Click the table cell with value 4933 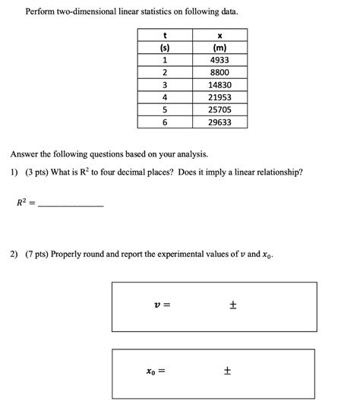pyautogui.click(x=219, y=60)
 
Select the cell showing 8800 pyautogui.click(x=219, y=73)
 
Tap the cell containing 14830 pyautogui.click(x=219, y=85)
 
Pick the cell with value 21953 pyautogui.click(x=219, y=97)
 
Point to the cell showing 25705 pyautogui.click(x=219, y=109)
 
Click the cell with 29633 pyautogui.click(x=219, y=122)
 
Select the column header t pyautogui.click(x=165, y=35)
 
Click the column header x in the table pyautogui.click(x=219, y=35)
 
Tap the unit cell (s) pyautogui.click(x=165, y=47)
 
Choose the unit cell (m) pyautogui.click(x=219, y=47)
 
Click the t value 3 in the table pyautogui.click(x=165, y=85)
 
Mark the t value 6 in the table pyautogui.click(x=165, y=122)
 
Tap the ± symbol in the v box pyautogui.click(x=233, y=305)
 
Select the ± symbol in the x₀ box pyautogui.click(x=227, y=372)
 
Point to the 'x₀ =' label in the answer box pyautogui.click(x=156, y=372)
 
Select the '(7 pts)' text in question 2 pyautogui.click(x=37, y=254)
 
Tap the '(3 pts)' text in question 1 pyautogui.click(x=37, y=172)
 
